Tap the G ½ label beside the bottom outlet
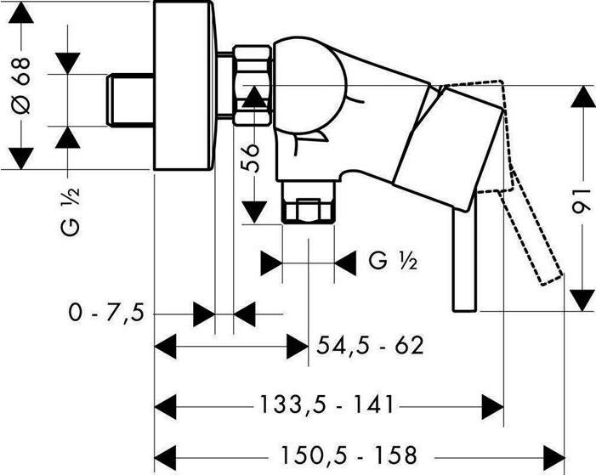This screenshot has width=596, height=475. point(393,262)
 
